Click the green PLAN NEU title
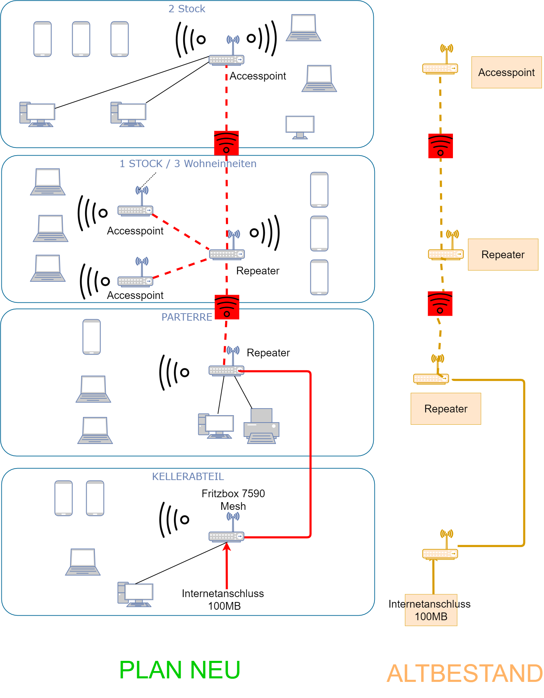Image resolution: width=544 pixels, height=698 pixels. coord(179,670)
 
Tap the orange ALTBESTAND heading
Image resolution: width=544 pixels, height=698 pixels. coord(464,673)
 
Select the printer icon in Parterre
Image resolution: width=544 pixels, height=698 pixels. coord(261,426)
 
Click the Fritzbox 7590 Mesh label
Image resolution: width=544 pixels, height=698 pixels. coord(233,500)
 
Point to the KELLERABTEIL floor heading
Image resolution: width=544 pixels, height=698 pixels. coord(188,477)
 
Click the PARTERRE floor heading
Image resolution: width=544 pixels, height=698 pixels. coord(186,317)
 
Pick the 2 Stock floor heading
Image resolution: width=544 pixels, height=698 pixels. coord(187,9)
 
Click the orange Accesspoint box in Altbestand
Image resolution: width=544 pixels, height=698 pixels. coord(506,73)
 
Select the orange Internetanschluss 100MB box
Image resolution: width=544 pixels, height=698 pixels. coord(431,610)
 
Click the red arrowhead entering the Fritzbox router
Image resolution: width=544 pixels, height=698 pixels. coord(227,547)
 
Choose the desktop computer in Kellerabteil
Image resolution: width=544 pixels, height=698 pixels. coord(135,594)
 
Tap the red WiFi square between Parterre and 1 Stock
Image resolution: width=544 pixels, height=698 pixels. coord(227,307)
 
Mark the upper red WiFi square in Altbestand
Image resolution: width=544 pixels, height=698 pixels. coord(440,146)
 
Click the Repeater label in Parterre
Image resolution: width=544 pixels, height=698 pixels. coord(268,353)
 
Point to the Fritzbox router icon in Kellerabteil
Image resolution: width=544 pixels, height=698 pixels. coord(227,536)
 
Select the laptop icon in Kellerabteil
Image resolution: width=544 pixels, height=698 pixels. coord(83,562)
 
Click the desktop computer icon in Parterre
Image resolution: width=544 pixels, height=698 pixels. coord(216,426)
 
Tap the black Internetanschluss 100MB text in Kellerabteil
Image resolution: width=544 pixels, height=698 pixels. coord(223,600)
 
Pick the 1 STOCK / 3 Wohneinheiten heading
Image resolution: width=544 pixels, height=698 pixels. coord(188,164)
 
